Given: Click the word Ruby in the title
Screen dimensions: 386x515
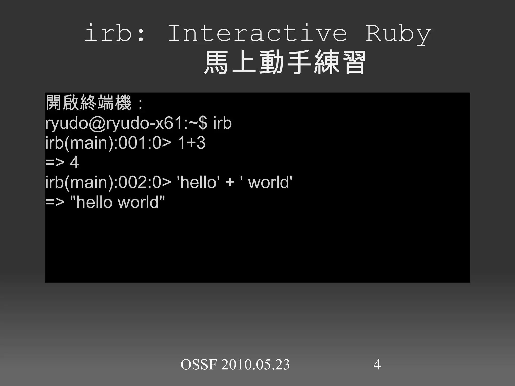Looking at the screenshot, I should [398, 34].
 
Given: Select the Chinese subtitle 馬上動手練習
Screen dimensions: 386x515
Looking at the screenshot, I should [285, 62].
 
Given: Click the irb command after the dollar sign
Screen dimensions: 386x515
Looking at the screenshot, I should [222, 123].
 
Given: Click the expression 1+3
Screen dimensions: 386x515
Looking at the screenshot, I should [192, 143].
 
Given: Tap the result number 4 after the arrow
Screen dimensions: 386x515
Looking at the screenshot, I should [74, 162].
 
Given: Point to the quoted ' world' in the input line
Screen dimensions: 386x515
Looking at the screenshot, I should [267, 182].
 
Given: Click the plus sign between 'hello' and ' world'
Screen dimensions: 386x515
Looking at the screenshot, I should [230, 183].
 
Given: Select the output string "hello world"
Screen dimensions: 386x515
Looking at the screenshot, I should [117, 202].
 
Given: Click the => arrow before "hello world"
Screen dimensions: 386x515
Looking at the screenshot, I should [55, 202].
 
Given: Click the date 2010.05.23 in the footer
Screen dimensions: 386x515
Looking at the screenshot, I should [255, 365].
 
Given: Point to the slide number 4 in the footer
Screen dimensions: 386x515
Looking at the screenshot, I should [377, 365].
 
